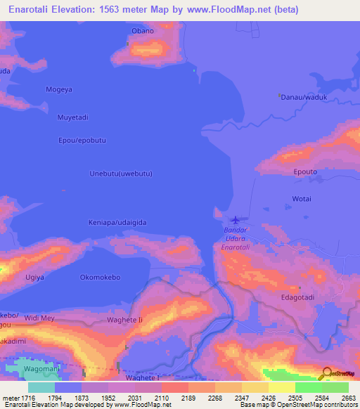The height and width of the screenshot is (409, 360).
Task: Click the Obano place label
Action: coord(143,31)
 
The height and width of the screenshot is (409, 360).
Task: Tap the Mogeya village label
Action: coord(59,89)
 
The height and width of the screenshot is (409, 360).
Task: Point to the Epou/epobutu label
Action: coord(82,141)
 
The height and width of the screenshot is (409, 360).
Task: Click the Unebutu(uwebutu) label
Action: coord(122,174)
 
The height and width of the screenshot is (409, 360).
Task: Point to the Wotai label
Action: coord(302,199)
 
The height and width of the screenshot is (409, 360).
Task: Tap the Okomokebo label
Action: coord(101,277)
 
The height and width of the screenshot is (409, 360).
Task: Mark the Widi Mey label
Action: coord(39,318)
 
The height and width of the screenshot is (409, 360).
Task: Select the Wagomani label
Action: coord(43,368)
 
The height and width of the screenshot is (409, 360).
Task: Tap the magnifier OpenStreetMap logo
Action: coord(325,373)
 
